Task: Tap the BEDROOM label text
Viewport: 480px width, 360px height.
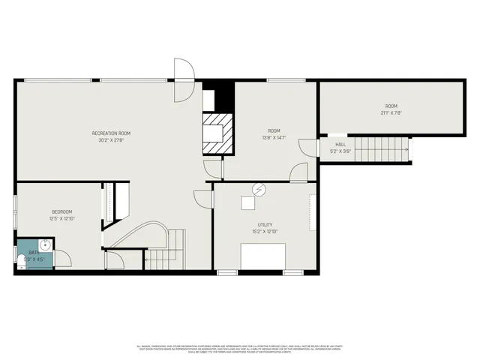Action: pyautogui.click(x=61, y=212)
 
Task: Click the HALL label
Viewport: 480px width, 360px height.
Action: pyautogui.click(x=340, y=144)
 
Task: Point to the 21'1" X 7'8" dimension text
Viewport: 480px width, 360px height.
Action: pyautogui.click(x=391, y=113)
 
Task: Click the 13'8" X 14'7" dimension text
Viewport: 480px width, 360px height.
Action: pyautogui.click(x=273, y=137)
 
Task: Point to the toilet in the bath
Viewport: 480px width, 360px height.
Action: pyautogui.click(x=20, y=260)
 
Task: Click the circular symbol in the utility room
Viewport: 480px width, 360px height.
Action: pyautogui.click(x=259, y=190)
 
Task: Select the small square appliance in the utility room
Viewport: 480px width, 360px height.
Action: pyautogui.click(x=247, y=202)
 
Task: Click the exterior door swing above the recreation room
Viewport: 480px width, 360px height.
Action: pyautogui.click(x=183, y=79)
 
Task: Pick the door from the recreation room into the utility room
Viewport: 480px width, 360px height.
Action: pyautogui.click(x=203, y=199)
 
